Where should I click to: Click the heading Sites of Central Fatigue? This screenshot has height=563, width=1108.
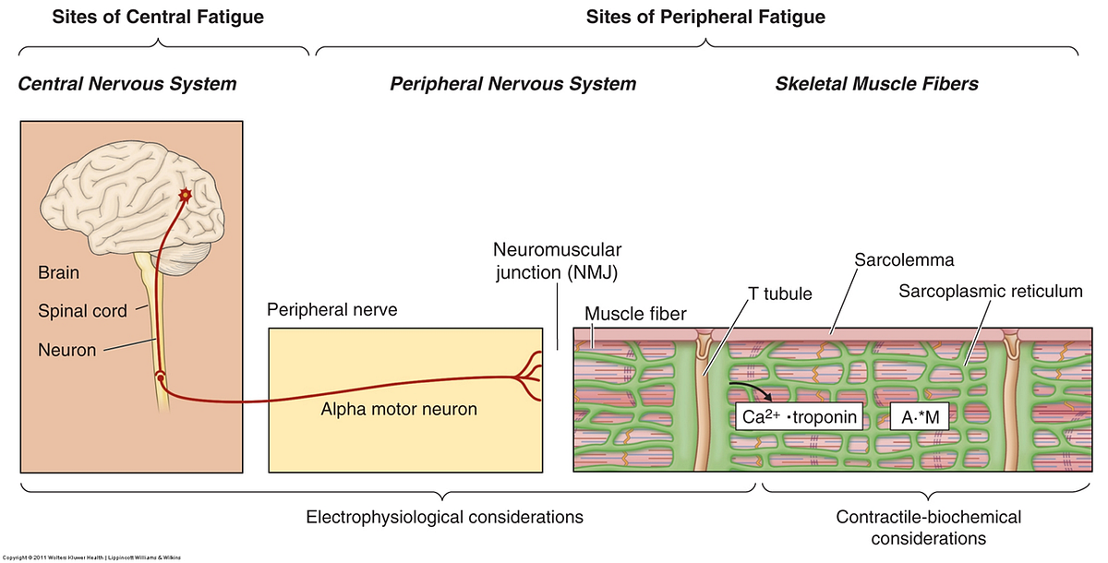click(158, 18)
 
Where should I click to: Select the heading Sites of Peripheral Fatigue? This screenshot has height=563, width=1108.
click(705, 18)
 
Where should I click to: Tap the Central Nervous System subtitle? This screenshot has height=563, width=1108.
click(127, 84)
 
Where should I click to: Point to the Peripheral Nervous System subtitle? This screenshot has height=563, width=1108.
click(513, 84)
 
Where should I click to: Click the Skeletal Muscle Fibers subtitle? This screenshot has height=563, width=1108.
click(876, 84)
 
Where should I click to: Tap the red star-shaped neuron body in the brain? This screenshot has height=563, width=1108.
click(186, 195)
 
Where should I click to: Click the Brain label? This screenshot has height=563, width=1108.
click(58, 272)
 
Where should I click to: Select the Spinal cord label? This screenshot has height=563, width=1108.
click(82, 311)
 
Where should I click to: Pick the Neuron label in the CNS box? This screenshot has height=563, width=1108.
click(66, 350)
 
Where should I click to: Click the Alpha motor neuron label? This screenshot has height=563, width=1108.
click(399, 409)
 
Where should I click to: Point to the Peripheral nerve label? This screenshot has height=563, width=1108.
click(331, 310)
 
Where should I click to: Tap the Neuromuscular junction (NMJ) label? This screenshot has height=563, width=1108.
click(557, 261)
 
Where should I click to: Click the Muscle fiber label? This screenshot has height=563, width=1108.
click(635, 314)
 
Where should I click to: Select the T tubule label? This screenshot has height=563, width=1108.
click(779, 294)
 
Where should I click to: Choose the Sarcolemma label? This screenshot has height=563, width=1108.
click(904, 260)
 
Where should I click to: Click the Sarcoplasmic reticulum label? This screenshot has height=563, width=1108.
click(990, 292)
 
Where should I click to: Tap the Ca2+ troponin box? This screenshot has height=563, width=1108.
click(799, 416)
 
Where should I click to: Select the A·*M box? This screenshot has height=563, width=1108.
click(920, 417)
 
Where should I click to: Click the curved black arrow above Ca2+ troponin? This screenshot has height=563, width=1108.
click(753, 388)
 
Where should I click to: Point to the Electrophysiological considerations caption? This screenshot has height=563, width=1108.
click(444, 518)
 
